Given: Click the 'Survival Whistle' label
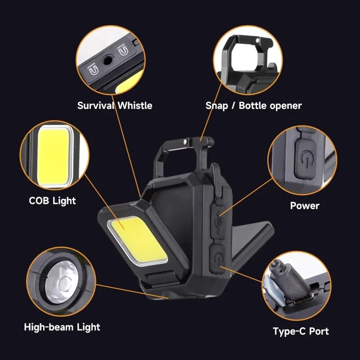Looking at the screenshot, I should click(115, 105).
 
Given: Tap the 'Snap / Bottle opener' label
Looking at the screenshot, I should click(253, 105).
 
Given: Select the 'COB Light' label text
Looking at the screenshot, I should click(53, 201).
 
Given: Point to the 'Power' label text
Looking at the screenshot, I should click(305, 206).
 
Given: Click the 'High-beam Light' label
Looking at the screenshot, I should click(62, 327).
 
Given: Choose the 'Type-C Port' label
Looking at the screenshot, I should click(301, 331).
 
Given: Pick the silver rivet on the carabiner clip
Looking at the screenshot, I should click(185, 142).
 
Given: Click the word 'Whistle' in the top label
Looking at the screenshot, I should click(135, 105).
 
